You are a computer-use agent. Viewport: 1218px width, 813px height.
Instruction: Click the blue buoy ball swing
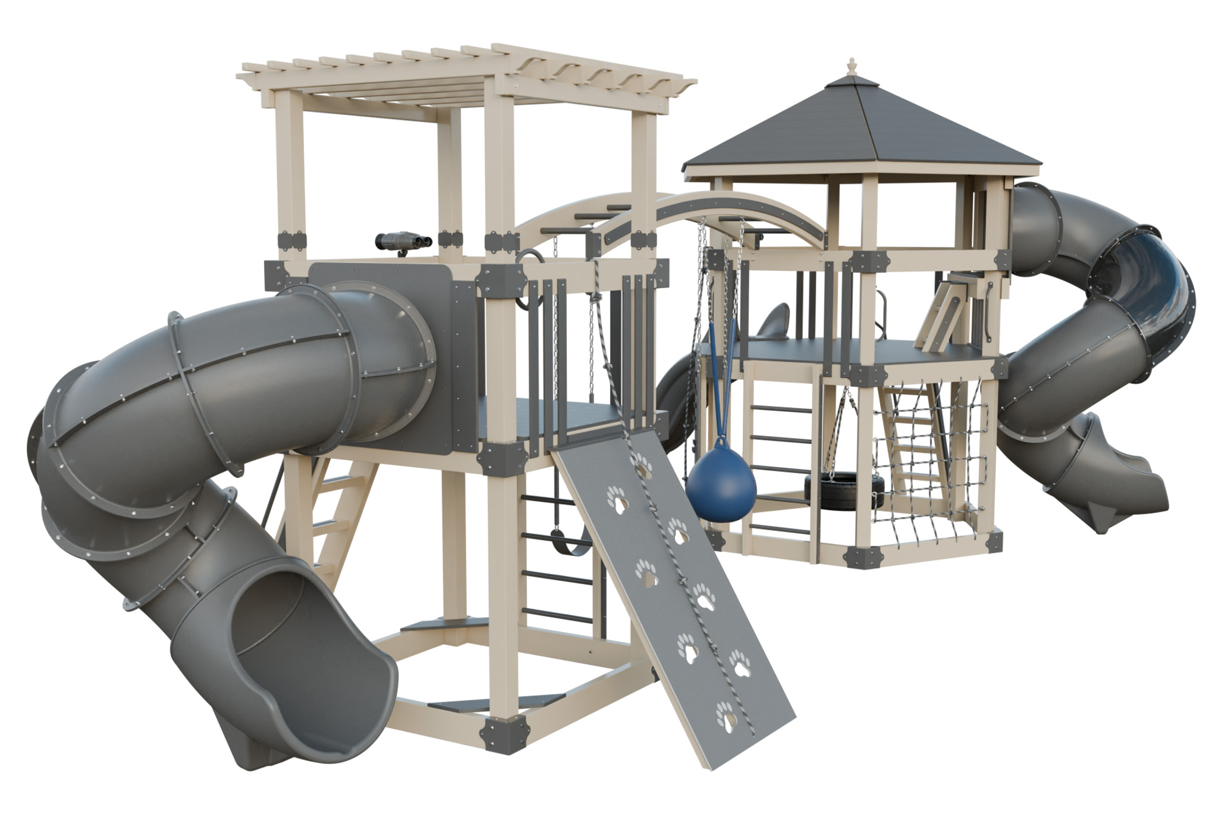(x=721, y=488)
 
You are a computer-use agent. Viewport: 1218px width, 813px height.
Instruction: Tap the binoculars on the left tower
(x=403, y=242)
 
